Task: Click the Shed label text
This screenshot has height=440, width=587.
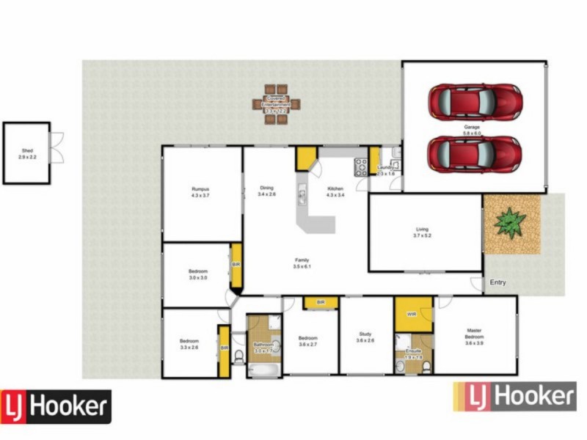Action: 26,154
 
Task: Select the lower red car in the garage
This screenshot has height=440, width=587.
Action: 475,153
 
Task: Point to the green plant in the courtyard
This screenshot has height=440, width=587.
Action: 511,221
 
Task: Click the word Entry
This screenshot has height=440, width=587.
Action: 498,283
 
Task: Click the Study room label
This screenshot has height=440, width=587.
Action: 365,337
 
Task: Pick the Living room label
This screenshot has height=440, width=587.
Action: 422,232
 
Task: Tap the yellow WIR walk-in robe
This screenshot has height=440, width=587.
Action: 412,314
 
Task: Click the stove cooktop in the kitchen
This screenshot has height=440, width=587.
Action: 361,167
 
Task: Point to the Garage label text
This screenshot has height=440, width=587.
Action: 471,131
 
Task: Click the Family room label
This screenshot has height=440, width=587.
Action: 302,262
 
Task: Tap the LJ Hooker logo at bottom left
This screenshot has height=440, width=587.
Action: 56,406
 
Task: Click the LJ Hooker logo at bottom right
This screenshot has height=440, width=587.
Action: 514,397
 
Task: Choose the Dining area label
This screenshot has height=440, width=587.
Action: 266,191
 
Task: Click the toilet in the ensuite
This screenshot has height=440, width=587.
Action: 400,364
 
